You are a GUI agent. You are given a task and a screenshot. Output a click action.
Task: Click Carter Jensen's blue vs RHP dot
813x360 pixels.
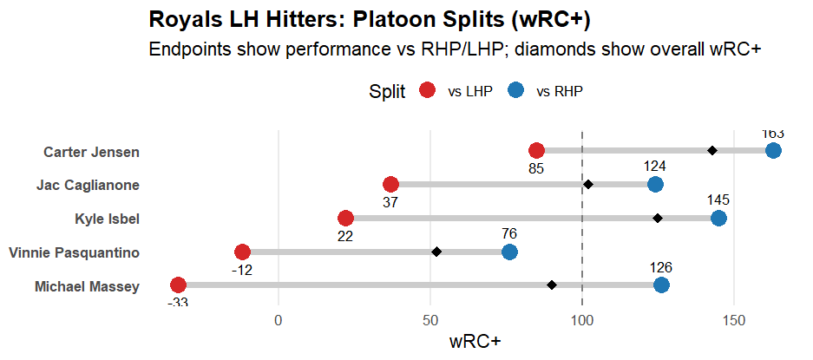point(773,151)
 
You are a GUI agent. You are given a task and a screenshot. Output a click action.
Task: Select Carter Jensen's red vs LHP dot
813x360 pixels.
point(536,151)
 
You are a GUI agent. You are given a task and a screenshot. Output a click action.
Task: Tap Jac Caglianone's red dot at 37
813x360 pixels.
point(390,184)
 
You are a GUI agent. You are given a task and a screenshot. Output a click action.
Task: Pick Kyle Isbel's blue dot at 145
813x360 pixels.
point(718,218)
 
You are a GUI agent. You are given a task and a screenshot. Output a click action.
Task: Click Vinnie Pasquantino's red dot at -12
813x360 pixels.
point(242,252)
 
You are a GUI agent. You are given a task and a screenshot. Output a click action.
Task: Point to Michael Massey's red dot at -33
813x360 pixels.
point(178,285)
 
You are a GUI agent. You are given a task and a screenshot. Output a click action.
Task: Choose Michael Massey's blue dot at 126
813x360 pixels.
point(661,285)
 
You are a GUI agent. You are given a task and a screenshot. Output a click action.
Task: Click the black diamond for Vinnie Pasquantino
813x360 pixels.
point(436,252)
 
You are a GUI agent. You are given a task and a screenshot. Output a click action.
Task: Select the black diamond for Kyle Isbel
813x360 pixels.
point(658,218)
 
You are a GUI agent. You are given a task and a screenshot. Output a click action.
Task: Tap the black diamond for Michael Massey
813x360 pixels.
point(552,285)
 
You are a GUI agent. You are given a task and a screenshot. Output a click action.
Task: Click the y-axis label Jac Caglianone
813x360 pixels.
point(88,185)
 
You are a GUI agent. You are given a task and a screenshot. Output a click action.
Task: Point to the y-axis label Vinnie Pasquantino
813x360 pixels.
point(74,252)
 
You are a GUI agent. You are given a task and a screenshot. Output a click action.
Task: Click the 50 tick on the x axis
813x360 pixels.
point(429,319)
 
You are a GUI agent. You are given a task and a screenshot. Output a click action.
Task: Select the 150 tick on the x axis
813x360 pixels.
point(734,319)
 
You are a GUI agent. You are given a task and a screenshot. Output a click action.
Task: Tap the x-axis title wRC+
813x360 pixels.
point(475,341)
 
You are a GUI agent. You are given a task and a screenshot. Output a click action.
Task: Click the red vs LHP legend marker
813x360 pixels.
point(427,92)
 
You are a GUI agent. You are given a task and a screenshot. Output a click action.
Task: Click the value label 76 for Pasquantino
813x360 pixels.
point(509,233)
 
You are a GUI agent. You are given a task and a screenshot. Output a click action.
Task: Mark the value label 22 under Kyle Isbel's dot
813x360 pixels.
point(345,236)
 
